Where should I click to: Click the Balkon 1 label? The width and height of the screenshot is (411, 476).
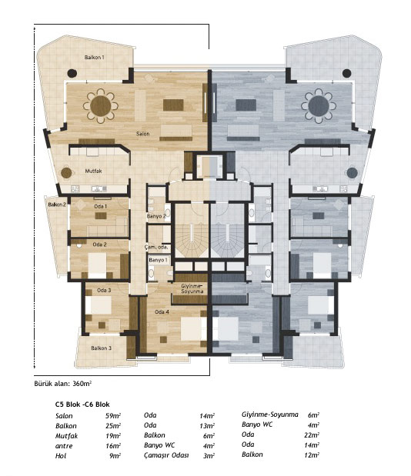[95, 57]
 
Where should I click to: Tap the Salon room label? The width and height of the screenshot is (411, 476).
[142, 134]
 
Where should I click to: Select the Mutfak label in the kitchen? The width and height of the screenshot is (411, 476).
[93, 171]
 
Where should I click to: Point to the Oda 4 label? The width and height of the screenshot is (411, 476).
[162, 311]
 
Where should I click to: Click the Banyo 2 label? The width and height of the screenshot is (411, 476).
[156, 216]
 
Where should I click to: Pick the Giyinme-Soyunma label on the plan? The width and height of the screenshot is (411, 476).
[192, 288]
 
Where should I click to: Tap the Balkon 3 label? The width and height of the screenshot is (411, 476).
[101, 348]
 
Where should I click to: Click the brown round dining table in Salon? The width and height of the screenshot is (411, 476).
[101, 106]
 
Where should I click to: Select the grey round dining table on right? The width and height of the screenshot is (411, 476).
[319, 106]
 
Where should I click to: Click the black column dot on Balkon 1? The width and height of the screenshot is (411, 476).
[72, 73]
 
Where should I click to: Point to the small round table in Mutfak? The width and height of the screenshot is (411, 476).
[66, 173]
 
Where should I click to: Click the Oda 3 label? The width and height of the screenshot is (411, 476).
[104, 290]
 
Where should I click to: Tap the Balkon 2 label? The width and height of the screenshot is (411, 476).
[57, 205]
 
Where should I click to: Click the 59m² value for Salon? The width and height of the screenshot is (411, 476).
[113, 415]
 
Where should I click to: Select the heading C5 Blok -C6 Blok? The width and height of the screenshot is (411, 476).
[82, 404]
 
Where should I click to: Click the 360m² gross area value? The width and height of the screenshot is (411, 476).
[82, 384]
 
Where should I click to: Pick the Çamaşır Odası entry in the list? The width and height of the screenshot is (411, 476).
[166, 455]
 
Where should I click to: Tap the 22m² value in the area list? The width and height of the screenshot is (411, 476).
[312, 435]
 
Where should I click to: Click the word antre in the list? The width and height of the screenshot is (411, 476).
[64, 446]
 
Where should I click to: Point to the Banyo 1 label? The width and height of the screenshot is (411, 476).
[158, 260]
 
